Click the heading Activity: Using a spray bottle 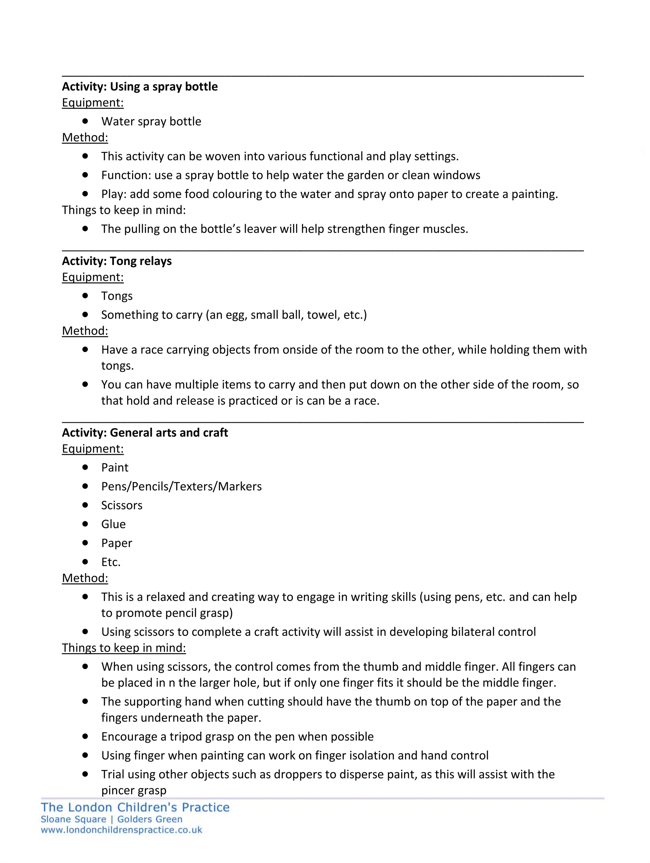pos(140,87)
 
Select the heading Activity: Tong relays pos(117,261)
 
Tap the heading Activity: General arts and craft pos(145,433)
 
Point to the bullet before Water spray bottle pos(85,121)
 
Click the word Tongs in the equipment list pos(117,296)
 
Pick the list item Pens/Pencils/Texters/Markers pos(182,487)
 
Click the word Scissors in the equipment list pos(122,505)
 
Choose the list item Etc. pos(111,562)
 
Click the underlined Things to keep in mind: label pos(124,648)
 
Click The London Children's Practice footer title pos(135,807)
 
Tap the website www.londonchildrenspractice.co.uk pos(121,830)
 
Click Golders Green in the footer pos(150,819)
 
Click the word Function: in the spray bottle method pos(126,176)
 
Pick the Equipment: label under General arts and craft pos(93,449)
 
